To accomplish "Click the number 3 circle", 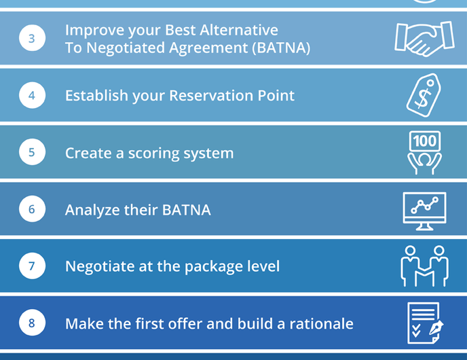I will pyautogui.click(x=32, y=38).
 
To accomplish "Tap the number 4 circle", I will pyautogui.click(x=32, y=95).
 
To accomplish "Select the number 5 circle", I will pyautogui.click(x=32, y=152).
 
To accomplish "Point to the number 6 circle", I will pyautogui.click(x=32, y=209).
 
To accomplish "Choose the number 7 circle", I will pyautogui.click(x=32, y=266).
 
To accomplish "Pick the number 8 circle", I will pyautogui.click(x=32, y=323).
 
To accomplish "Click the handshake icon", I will pyautogui.click(x=424, y=38).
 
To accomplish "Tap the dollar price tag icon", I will pyautogui.click(x=424, y=94).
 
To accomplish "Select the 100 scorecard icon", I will pyautogui.click(x=424, y=152).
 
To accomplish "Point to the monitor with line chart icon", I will pyautogui.click(x=424, y=209).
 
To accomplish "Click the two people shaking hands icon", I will pyautogui.click(x=424, y=266).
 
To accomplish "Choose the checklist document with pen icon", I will pyautogui.click(x=424, y=323).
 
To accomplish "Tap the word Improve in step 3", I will pyautogui.click(x=92, y=30).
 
